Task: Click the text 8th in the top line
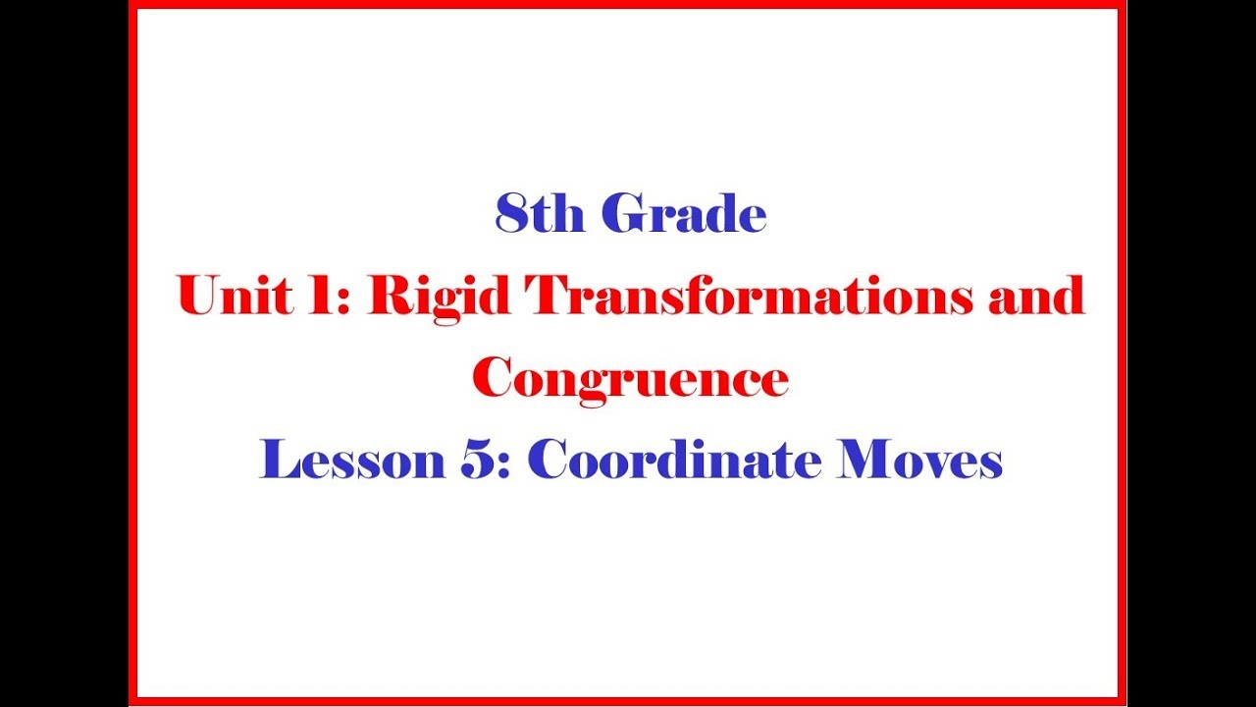(540, 213)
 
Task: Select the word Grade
(684, 213)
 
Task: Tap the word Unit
(235, 296)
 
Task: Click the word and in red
(1037, 296)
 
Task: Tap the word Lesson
(352, 460)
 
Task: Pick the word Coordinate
(674, 459)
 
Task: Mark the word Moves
(919, 460)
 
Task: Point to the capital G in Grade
(623, 213)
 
